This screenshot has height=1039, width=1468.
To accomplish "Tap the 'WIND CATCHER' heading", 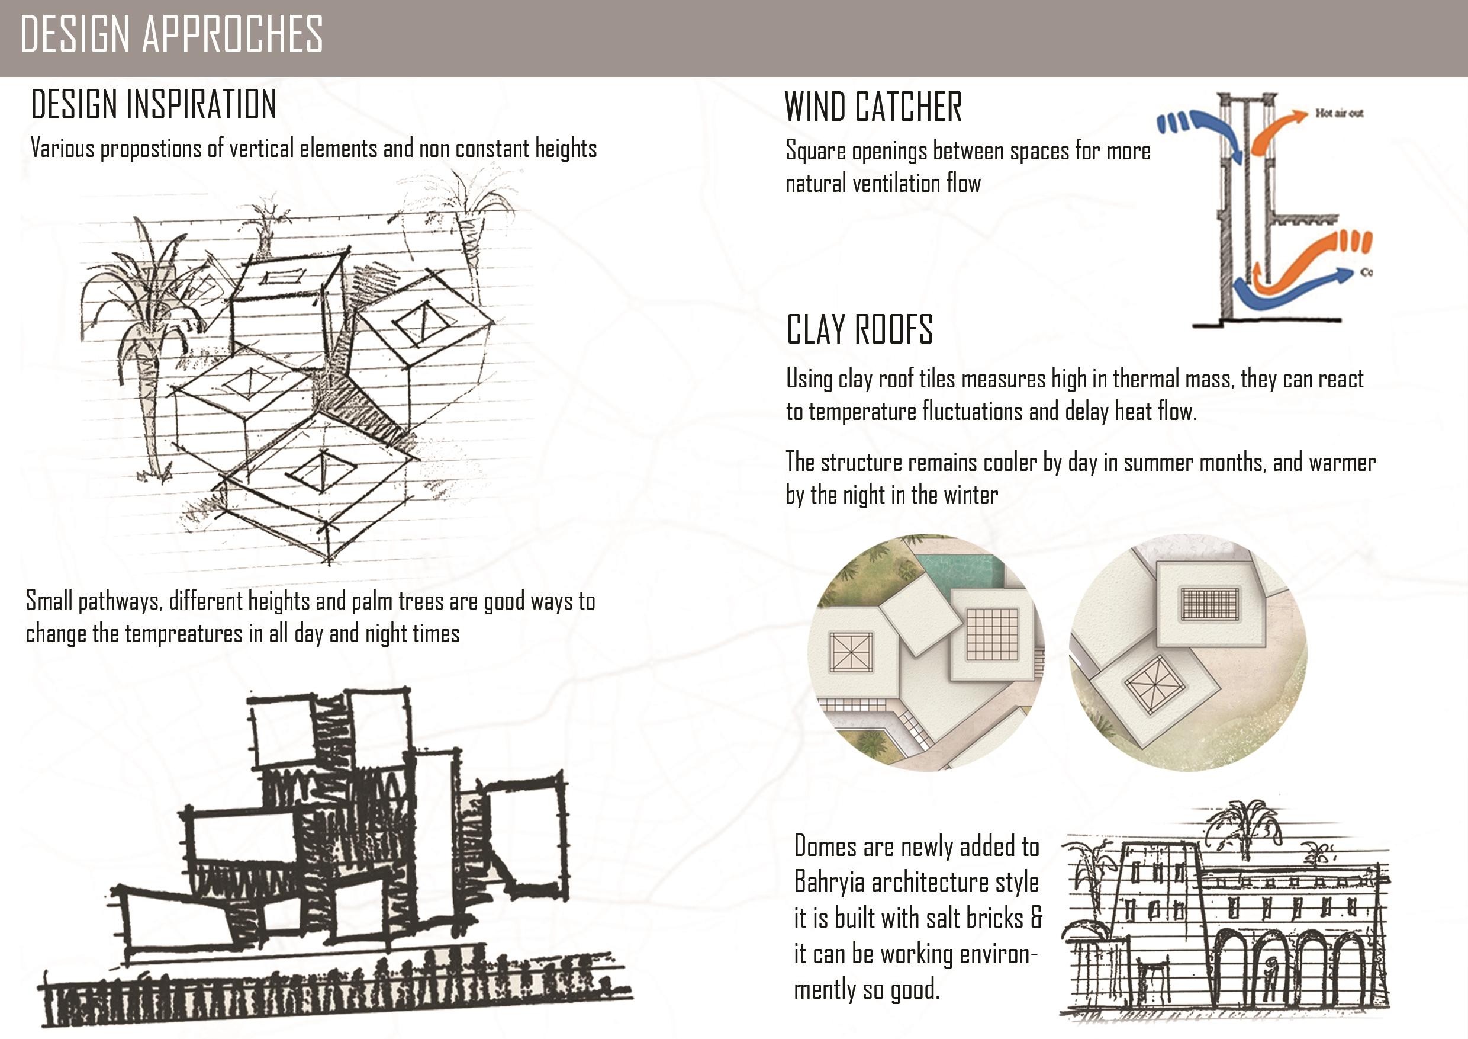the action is click(873, 107).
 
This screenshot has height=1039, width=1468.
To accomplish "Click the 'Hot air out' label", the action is click(1339, 113).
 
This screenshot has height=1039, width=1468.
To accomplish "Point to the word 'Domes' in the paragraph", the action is click(825, 846).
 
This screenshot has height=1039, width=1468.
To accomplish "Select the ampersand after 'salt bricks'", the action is click(1036, 918).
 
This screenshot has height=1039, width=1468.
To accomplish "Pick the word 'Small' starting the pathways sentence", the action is click(49, 601).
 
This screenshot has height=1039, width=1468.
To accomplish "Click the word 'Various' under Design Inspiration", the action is click(62, 149).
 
